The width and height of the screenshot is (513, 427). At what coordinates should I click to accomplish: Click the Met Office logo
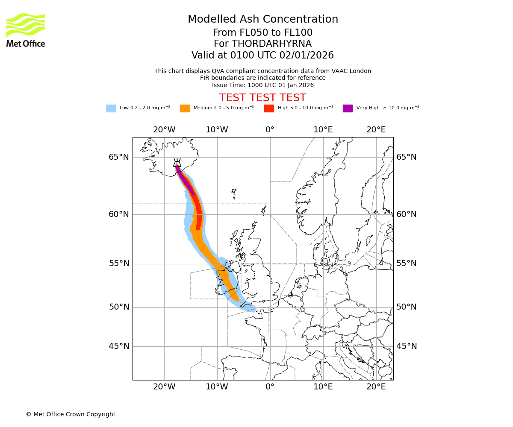[26, 30]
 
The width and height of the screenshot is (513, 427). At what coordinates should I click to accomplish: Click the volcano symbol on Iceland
[177, 163]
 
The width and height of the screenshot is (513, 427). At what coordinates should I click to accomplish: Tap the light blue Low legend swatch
[111, 108]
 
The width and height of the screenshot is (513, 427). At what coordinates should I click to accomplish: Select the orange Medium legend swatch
[185, 108]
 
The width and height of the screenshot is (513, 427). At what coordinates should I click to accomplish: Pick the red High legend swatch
[269, 108]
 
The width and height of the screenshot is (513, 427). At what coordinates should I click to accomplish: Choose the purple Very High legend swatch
[348, 108]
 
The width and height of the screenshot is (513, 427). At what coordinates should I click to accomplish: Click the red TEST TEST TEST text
[262, 98]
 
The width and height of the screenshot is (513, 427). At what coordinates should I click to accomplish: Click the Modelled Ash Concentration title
[262, 19]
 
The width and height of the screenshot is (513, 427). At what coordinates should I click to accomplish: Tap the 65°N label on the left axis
[118, 157]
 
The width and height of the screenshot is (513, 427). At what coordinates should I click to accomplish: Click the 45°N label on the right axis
[407, 346]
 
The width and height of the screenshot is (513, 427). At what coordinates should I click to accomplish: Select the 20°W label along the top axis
[164, 130]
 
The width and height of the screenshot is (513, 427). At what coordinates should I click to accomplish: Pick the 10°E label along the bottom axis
[323, 387]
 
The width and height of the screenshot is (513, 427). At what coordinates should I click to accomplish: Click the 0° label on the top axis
[270, 130]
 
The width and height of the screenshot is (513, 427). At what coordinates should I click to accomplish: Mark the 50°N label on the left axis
[118, 307]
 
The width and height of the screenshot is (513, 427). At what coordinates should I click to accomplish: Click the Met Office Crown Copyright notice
[71, 414]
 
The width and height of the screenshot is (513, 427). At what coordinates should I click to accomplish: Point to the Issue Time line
[262, 85]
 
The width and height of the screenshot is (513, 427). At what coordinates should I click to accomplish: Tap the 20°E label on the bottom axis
[376, 387]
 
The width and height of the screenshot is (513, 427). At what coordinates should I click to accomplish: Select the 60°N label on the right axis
[407, 214]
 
